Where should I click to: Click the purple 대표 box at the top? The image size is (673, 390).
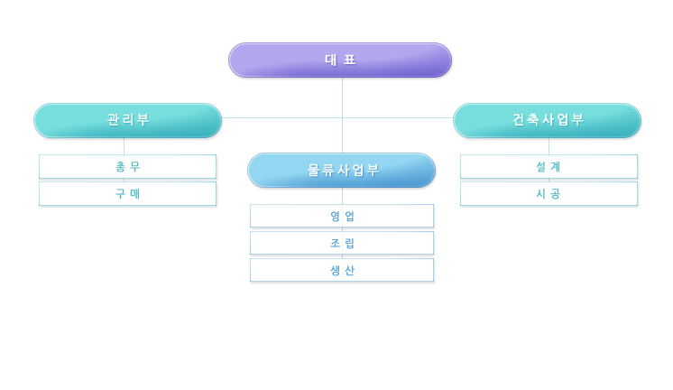tap(340, 60)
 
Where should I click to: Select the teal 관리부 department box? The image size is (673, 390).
tap(128, 120)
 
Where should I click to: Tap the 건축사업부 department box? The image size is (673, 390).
tap(548, 120)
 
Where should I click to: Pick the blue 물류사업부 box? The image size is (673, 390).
tap(342, 170)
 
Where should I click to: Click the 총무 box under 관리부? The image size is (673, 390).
tap(127, 167)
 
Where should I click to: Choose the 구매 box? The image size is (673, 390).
tap(127, 194)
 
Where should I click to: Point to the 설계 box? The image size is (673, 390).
tap(549, 167)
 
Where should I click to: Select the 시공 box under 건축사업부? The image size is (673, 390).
tap(549, 194)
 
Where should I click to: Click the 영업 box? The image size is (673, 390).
tap(342, 216)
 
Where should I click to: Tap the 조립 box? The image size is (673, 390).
tap(342, 243)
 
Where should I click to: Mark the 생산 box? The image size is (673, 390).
tap(342, 270)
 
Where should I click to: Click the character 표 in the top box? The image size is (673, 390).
tap(350, 60)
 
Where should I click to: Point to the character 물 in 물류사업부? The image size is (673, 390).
tap(314, 170)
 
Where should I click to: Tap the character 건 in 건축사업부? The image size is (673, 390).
tap(520, 119)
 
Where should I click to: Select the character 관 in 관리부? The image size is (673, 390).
tap(114, 119)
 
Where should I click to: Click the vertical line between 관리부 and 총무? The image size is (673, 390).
tap(124, 146)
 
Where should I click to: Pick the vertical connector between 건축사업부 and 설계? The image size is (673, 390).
tap(549, 146)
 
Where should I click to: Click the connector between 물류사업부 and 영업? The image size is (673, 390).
tap(342, 196)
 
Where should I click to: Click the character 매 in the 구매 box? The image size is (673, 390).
tap(135, 194)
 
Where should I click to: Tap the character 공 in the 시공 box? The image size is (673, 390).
tap(556, 194)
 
